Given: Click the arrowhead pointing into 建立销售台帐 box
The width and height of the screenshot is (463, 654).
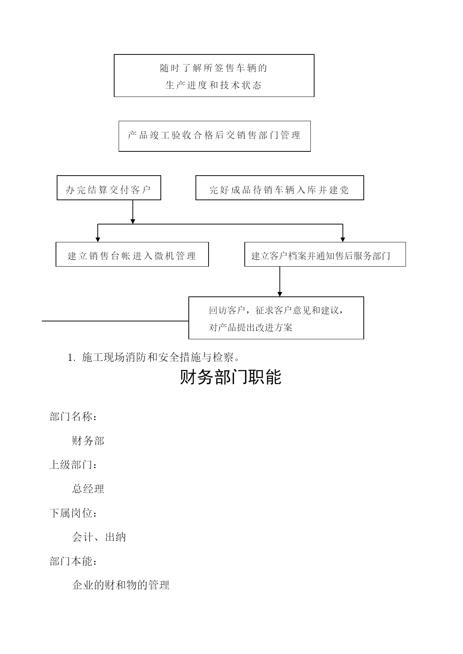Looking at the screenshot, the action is (x=98, y=239).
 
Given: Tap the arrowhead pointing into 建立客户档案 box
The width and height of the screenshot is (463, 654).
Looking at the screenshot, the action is (x=343, y=239).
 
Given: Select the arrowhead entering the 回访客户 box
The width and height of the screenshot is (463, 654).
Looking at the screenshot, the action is (x=280, y=294).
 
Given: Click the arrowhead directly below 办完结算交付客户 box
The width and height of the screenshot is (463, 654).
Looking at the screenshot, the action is (x=133, y=221).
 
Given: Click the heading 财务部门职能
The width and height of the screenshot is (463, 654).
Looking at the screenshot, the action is (x=231, y=377).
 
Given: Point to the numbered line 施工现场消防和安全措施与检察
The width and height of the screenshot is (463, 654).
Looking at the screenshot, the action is (x=154, y=358).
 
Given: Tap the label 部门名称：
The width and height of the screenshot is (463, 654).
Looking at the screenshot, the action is (x=73, y=416).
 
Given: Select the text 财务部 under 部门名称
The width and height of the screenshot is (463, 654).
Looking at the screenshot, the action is (x=88, y=441).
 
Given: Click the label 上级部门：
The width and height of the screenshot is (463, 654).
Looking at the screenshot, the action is (x=73, y=465).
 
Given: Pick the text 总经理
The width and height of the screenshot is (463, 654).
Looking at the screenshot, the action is (x=88, y=489).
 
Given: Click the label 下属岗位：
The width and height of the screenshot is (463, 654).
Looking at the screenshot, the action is (x=73, y=513).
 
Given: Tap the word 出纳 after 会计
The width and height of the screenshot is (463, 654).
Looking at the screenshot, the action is (x=116, y=537).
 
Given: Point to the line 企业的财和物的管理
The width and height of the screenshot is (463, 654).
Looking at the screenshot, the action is (x=121, y=585).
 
